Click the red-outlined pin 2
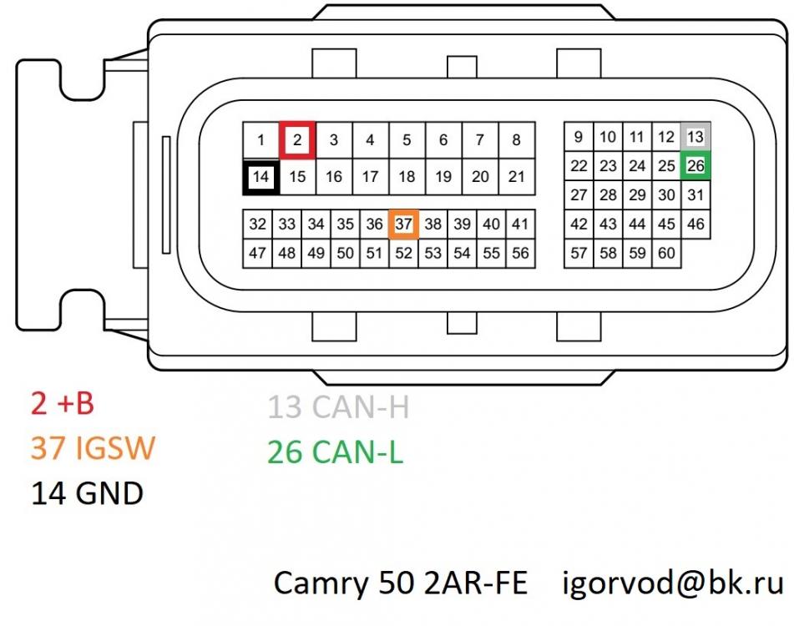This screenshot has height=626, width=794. [x=297, y=139]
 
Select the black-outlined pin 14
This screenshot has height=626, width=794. [x=260, y=177]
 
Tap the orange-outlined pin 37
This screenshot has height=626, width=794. [x=404, y=225]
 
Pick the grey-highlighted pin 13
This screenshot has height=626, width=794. [x=695, y=137]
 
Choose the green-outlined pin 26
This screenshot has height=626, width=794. [x=695, y=166]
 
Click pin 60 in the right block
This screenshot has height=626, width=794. [x=666, y=253]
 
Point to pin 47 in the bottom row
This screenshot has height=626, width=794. [x=258, y=253]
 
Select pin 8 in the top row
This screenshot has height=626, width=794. [x=517, y=139]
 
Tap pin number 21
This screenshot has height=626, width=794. [x=517, y=177]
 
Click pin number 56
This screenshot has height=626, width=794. [x=520, y=253]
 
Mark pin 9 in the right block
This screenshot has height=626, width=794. [x=579, y=137]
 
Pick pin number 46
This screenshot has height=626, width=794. [x=695, y=225]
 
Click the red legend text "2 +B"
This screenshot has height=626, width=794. [x=62, y=404]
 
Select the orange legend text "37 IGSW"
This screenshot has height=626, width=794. [x=93, y=449]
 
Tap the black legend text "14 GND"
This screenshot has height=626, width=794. [x=87, y=494]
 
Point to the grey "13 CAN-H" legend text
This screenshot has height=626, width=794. [x=338, y=407]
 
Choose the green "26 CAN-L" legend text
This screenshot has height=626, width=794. [x=335, y=452]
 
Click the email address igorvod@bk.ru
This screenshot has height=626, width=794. [x=674, y=583]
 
